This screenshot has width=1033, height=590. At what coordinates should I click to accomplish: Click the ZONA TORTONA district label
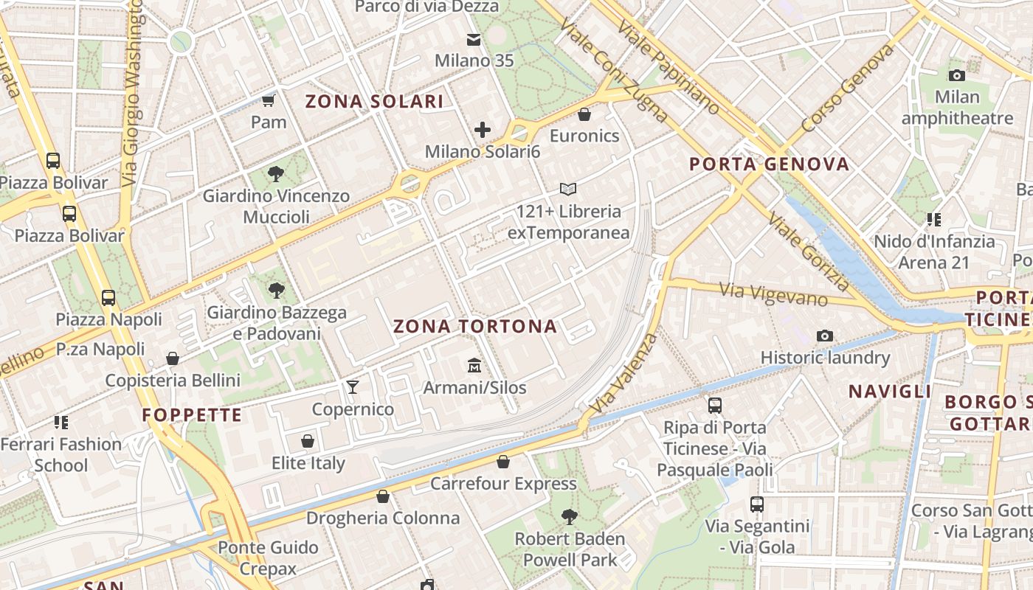coord(474,327)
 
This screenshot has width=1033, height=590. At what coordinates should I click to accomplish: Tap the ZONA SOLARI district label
coord(374,102)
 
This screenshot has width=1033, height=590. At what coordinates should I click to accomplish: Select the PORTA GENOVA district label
coord(769,164)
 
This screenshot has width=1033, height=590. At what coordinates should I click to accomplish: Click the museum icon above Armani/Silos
coord(474,365)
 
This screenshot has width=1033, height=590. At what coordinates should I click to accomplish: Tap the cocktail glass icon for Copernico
coord(353,387)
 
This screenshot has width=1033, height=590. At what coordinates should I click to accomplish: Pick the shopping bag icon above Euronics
coord(584,114)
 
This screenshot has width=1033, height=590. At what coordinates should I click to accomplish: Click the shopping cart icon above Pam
coord(269,100)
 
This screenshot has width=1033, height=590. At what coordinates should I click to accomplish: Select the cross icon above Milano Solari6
coord(483,131)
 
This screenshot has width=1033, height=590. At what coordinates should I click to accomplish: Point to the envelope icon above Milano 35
coord(473,39)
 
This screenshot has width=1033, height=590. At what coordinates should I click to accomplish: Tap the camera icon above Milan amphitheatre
coord(956,75)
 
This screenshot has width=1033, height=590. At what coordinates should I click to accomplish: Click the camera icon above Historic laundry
coord(825,336)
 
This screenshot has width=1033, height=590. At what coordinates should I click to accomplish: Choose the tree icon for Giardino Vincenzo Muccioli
coord(276,174)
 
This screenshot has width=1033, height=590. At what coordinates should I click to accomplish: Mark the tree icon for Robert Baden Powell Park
coord(569,516)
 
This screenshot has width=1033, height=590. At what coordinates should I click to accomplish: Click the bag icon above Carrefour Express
coord(503,462)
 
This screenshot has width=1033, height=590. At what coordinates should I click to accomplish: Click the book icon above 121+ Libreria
coord(567,190)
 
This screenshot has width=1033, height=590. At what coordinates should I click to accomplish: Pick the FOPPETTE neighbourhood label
coord(192,415)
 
